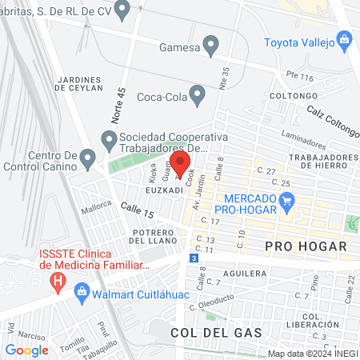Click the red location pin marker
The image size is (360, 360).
tap(180, 164)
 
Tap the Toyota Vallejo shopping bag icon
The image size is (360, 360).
tap(345, 38)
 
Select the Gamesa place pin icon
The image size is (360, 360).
tap(211, 45)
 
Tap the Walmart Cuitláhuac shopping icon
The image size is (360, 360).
tap(80, 290)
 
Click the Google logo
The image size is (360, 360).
tap(26, 350)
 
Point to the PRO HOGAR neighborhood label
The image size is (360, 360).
tap(306, 246)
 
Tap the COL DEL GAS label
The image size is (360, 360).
tap(206, 331)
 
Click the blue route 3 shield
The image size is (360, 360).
tap(193, 258)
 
